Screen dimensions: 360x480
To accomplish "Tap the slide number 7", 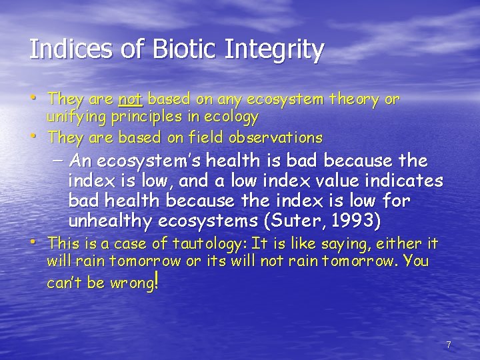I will point(449,345).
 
